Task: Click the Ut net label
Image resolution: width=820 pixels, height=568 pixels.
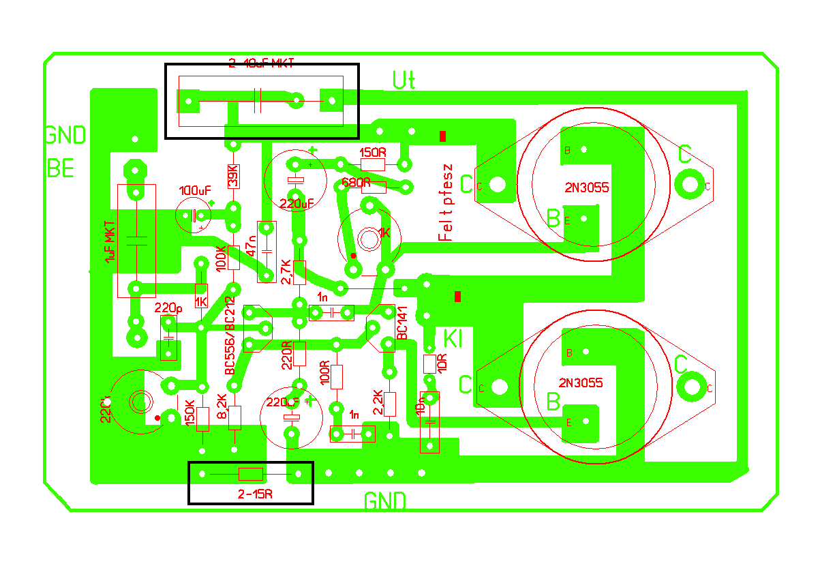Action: pyautogui.click(x=404, y=80)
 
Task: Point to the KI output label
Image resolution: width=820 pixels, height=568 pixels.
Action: pyautogui.click(x=453, y=338)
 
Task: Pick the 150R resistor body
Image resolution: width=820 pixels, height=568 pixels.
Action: pyautogui.click(x=373, y=164)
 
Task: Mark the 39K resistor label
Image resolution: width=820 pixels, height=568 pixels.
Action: pyautogui.click(x=232, y=177)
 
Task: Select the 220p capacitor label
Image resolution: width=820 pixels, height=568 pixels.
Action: pyautogui.click(x=168, y=308)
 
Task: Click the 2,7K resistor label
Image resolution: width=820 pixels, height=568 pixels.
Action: pyautogui.click(x=286, y=271)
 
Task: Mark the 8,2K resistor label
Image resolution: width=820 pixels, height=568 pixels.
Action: pyautogui.click(x=222, y=406)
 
